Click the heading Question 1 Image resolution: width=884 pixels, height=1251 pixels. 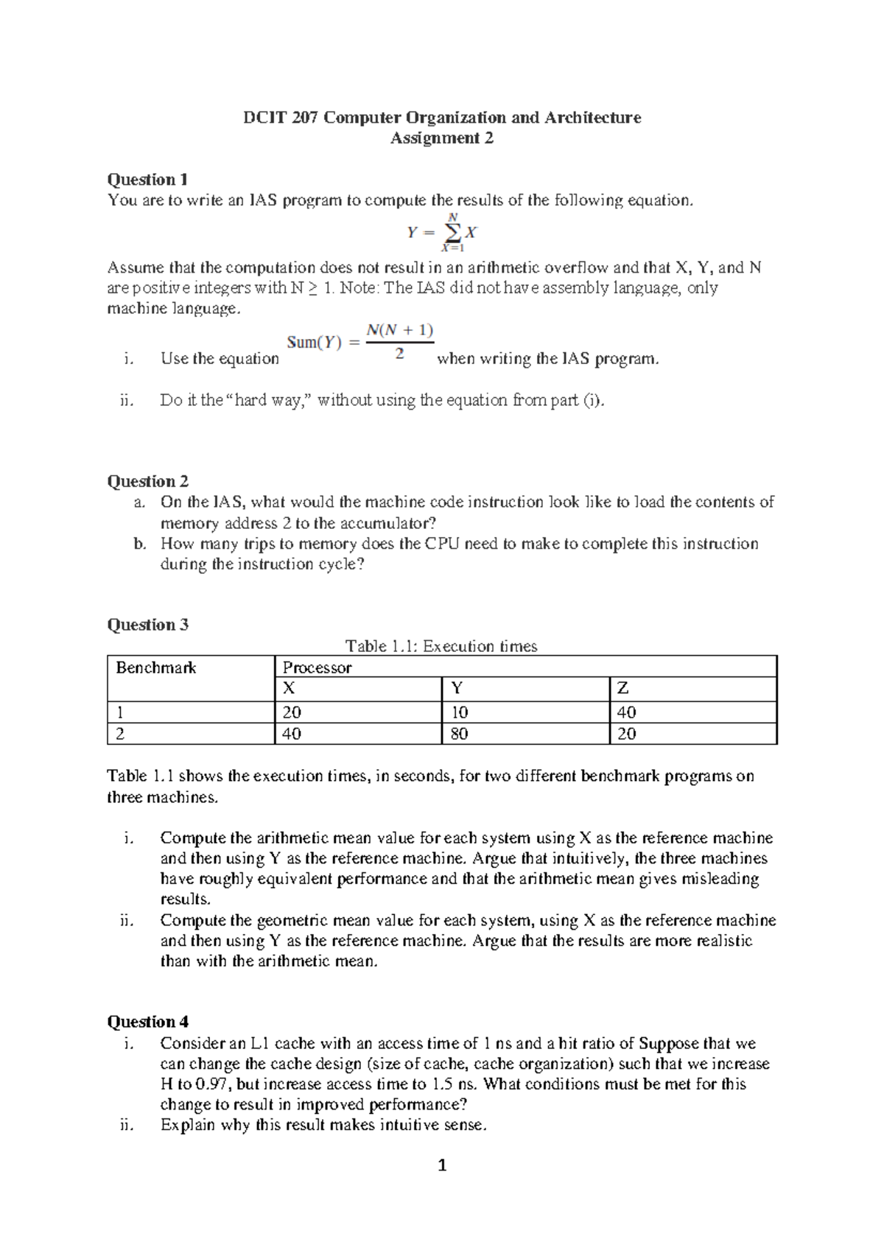pos(147,180)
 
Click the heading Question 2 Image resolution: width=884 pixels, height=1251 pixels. pos(147,482)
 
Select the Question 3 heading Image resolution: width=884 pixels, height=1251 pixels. pos(147,625)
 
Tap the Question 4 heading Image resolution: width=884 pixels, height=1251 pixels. pos(147,1023)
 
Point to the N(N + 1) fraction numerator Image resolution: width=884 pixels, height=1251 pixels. pos(399,331)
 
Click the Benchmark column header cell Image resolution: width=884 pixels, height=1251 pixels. pos(156,668)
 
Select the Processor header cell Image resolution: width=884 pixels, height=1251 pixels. pos(318,668)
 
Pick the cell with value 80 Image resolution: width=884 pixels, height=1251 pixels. pos(459,735)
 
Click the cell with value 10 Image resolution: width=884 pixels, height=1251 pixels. pos(459,712)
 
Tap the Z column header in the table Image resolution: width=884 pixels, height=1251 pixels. pos(623,690)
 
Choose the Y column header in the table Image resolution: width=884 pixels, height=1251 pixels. pos(457,690)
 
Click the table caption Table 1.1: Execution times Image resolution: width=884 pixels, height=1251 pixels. pos(441,647)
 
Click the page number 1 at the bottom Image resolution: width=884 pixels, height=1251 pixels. pos(442,1166)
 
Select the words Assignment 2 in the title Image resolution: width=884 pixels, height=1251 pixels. pos(441,139)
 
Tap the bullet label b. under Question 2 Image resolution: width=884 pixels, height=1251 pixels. pos(139,544)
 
